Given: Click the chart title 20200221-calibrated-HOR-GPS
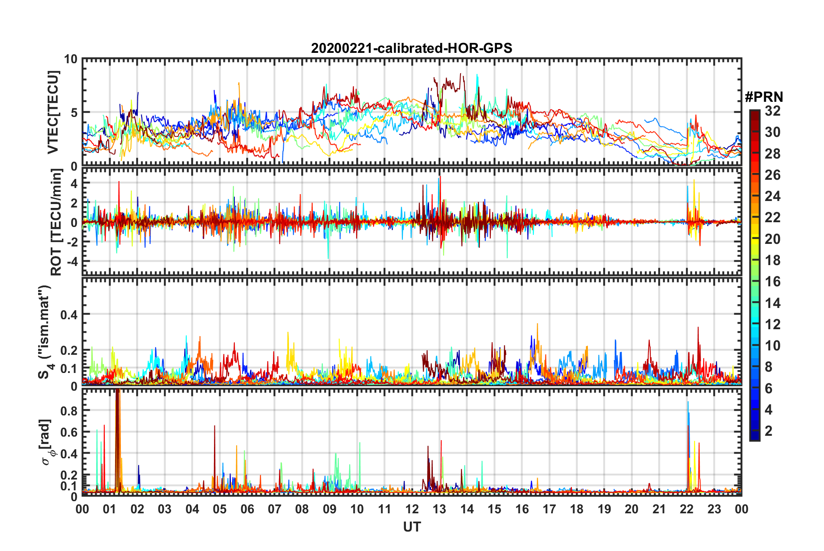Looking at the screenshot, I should [x=412, y=48].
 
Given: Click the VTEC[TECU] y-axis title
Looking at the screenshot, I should [x=53, y=112].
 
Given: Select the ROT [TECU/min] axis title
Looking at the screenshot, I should [x=56, y=222].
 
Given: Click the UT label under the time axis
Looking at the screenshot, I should [x=412, y=527].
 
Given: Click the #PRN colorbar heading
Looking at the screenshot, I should [x=764, y=97].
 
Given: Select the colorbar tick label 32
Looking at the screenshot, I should [x=772, y=111].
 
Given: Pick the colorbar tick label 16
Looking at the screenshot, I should [x=772, y=282].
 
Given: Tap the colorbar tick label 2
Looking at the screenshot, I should [x=769, y=431].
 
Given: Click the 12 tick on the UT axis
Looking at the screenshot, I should [x=412, y=509].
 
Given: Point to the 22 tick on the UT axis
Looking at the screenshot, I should [x=687, y=509].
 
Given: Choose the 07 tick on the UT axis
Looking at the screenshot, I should [x=275, y=509].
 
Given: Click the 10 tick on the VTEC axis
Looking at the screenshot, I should [x=71, y=59].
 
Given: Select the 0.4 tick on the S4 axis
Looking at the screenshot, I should [x=69, y=314].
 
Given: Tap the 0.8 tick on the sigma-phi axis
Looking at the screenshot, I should [x=69, y=410].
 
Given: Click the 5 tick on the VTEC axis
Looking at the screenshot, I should [x=74, y=113].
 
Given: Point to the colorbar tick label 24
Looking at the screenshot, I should [x=772, y=196].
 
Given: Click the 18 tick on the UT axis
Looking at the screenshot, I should [x=577, y=509].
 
